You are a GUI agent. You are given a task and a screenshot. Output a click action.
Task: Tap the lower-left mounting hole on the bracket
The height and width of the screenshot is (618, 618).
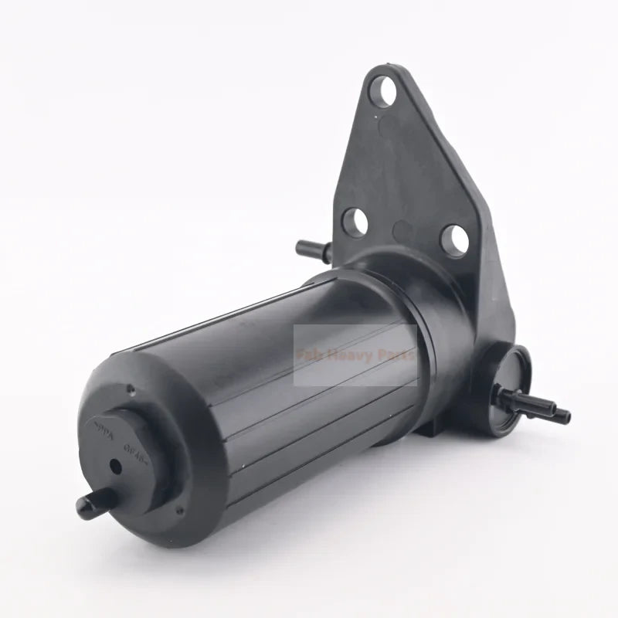(x=354, y=222)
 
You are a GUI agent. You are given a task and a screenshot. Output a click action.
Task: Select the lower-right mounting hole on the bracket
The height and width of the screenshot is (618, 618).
(x=454, y=239)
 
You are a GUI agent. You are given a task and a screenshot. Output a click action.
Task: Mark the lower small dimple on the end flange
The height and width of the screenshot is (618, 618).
(x=179, y=510)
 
